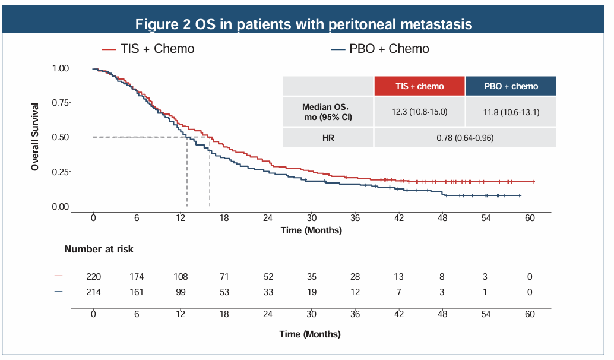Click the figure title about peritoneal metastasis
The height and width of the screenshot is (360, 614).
304,24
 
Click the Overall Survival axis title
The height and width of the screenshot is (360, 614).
35,137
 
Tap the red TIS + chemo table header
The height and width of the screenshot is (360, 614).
419,86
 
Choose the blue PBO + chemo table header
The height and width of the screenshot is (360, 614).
511,86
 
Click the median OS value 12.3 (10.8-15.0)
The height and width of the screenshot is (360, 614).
419,112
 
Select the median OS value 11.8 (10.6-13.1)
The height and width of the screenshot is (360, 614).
511,112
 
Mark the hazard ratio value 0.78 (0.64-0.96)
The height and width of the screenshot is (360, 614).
465,138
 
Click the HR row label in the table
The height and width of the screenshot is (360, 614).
328,138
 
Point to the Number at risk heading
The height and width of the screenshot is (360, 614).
99,250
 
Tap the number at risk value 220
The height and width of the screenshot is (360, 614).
93,277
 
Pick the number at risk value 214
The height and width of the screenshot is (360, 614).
93,292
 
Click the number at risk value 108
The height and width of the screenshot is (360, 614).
181,277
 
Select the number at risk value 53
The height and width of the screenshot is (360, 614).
224,292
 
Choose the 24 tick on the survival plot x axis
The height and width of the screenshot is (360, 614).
268,218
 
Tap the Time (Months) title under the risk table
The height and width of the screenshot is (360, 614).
310,334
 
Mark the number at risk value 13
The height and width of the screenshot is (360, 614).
398,277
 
